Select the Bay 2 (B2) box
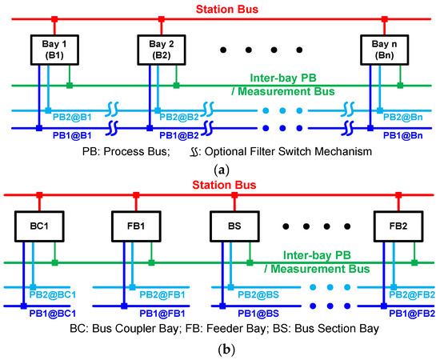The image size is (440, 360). click(x=156, y=48)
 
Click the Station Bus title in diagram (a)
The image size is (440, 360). click(x=221, y=9)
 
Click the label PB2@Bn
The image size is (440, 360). click(x=405, y=117)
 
